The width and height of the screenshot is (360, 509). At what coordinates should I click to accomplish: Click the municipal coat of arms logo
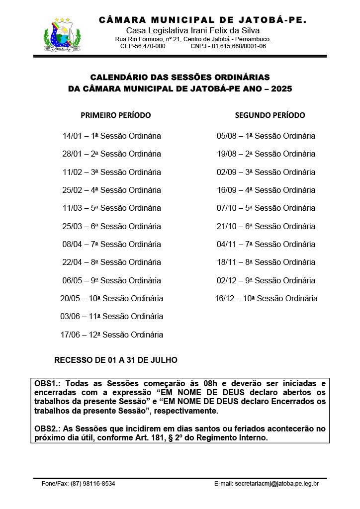pos(63,35)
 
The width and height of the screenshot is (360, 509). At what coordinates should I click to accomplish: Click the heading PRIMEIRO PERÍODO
pos(115,115)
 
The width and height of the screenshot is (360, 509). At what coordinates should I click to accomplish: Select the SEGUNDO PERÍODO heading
pos(270,115)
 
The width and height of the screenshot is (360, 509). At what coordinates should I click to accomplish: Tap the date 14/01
pos(73,136)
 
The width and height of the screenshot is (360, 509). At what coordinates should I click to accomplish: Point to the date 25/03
pos(73,226)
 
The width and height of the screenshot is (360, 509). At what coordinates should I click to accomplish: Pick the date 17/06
pos(71,335)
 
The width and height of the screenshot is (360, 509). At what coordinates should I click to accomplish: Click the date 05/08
pos(227,136)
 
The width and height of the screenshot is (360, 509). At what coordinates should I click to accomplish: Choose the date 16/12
pos(225,299)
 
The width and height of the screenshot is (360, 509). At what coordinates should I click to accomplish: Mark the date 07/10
pos(227,208)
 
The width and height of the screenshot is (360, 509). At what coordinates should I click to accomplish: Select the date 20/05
pos(71,299)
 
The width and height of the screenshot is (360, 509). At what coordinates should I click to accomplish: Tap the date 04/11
pos(227,245)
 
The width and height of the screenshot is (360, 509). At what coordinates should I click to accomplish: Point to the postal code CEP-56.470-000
pos(143,46)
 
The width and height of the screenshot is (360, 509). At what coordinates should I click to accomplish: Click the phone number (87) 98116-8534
pos(93,483)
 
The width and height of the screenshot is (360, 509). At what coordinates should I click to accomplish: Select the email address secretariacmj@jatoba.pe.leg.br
pos(277,483)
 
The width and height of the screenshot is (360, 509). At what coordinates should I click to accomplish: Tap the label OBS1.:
pos(48,384)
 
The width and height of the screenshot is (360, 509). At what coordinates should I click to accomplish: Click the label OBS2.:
pos(48,428)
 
